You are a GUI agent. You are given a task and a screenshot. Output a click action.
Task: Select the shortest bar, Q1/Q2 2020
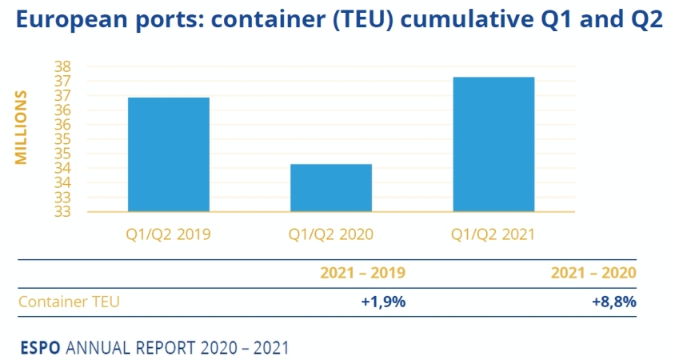click(331, 188)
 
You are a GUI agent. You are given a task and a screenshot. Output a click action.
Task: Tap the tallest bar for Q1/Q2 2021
click(493, 144)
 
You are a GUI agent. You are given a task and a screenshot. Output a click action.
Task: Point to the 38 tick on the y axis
click(63, 66)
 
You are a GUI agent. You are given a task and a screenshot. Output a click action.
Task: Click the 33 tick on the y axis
click(63, 212)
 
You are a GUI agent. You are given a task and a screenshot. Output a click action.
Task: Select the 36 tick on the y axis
click(63, 125)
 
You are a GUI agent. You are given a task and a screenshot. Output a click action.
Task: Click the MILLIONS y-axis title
click(22, 127)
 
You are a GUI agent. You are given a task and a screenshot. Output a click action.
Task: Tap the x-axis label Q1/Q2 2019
click(169, 234)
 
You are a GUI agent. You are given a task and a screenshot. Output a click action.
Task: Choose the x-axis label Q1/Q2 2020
click(331, 234)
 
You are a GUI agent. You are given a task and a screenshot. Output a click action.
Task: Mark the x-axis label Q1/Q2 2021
click(493, 234)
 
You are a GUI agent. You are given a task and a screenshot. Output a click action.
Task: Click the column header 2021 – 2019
click(362, 273)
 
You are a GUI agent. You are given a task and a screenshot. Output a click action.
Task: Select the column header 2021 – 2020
click(593, 273)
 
